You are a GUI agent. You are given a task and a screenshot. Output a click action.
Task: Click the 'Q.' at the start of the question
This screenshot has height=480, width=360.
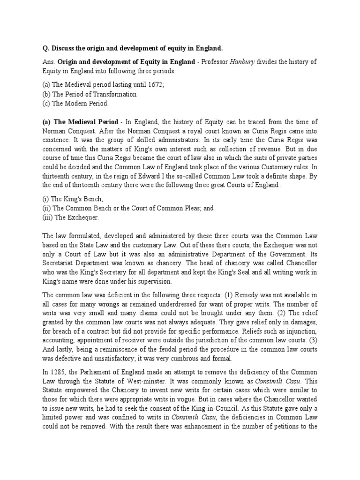coord(45,49)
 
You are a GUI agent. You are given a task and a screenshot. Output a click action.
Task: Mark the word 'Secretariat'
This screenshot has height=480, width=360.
coord(60,263)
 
